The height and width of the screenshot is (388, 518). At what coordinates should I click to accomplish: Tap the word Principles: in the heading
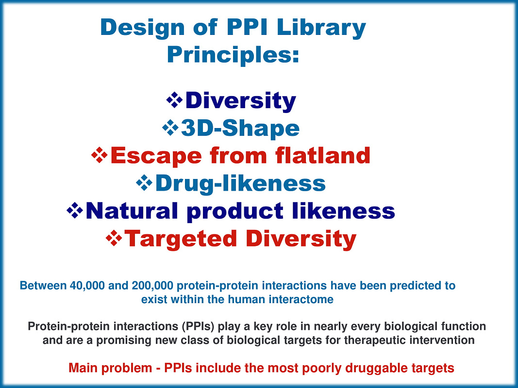click(x=233, y=55)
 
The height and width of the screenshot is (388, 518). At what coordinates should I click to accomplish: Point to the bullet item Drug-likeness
click(x=240, y=183)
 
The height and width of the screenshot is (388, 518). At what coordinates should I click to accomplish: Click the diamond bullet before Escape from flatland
click(x=100, y=155)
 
